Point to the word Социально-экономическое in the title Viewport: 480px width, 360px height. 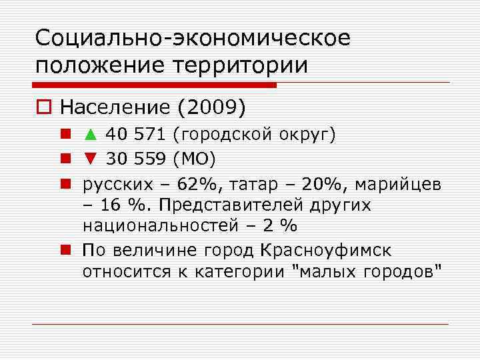[x=193, y=38]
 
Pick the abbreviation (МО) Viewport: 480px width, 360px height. [x=194, y=159]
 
